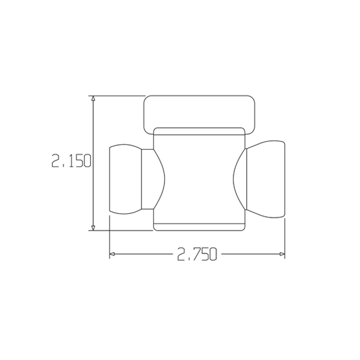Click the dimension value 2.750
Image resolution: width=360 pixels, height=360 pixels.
(x=196, y=255)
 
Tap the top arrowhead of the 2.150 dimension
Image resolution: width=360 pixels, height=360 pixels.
(x=93, y=99)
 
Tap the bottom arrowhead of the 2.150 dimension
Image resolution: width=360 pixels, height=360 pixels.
(x=93, y=226)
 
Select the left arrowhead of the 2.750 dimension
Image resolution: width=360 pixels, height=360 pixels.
(x=113, y=255)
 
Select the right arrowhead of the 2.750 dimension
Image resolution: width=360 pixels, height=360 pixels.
(x=281, y=255)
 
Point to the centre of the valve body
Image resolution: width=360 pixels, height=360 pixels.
(x=199, y=179)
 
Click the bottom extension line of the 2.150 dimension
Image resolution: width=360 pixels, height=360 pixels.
(x=123, y=229)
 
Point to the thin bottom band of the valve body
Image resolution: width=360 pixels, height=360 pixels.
(x=199, y=227)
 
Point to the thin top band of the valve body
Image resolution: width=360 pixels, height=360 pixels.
(x=199, y=131)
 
